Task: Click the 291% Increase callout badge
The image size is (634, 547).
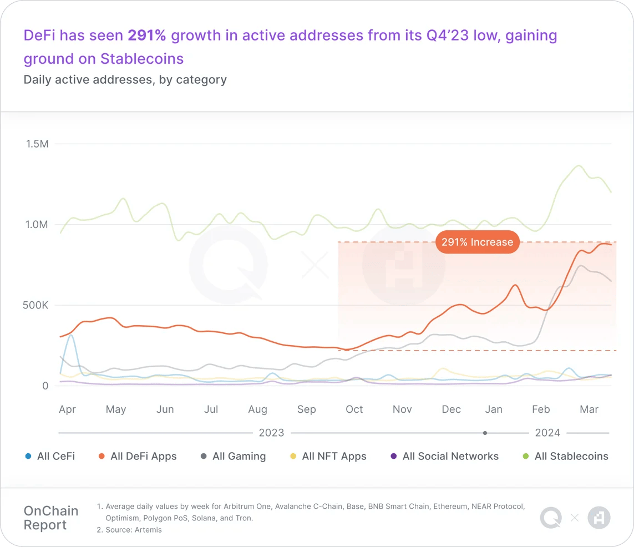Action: click(x=477, y=242)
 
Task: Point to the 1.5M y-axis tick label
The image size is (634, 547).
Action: click(x=37, y=144)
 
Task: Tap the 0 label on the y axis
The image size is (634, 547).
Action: click(x=45, y=386)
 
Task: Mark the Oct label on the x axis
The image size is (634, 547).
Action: click(x=354, y=409)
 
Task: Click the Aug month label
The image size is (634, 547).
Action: click(x=257, y=409)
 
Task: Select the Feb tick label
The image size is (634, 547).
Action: click(x=541, y=409)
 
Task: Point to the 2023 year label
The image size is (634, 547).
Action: click(x=271, y=433)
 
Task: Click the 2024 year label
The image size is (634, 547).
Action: click(x=547, y=433)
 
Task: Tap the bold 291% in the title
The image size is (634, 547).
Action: click(x=147, y=36)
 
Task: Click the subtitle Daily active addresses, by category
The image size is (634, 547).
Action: click(x=125, y=79)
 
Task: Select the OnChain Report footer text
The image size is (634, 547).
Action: click(x=51, y=518)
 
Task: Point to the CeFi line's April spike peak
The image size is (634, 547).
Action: click(x=71, y=336)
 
